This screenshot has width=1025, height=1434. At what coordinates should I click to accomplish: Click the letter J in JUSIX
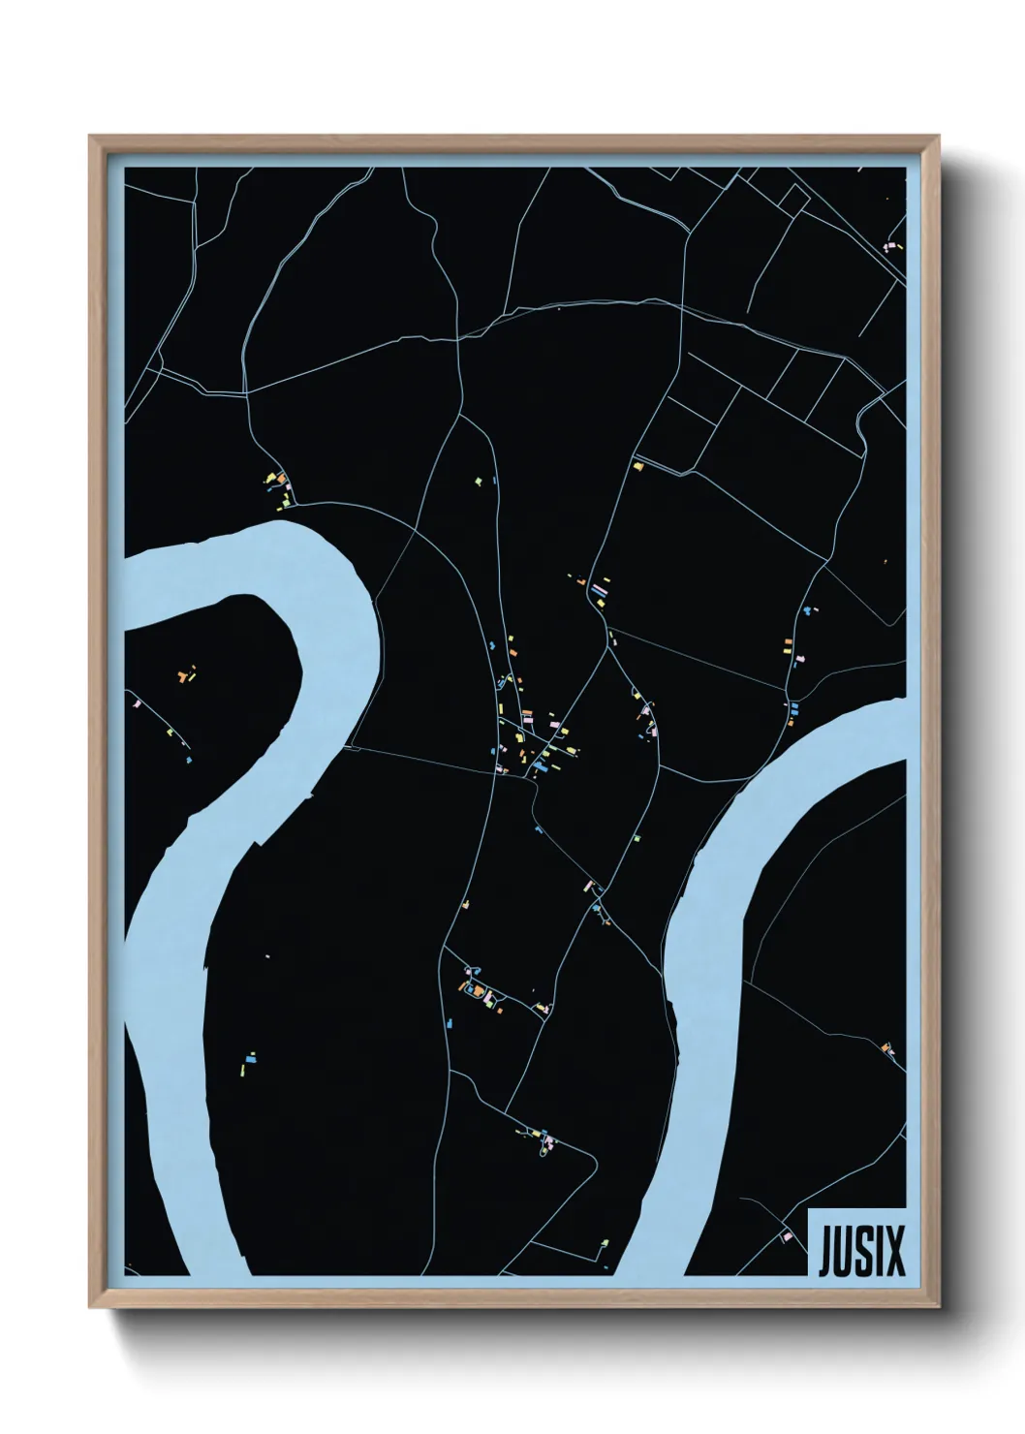pos(825,1251)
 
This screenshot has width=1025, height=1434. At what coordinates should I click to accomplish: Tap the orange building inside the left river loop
pos(181,676)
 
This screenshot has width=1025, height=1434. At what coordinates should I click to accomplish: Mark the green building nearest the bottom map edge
pos(605,1241)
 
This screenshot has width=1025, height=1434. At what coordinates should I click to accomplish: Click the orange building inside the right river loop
pos(886,1046)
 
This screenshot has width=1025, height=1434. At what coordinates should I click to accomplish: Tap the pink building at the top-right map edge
pos(889,246)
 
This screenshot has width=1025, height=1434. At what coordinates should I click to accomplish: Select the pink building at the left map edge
pos(137,704)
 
